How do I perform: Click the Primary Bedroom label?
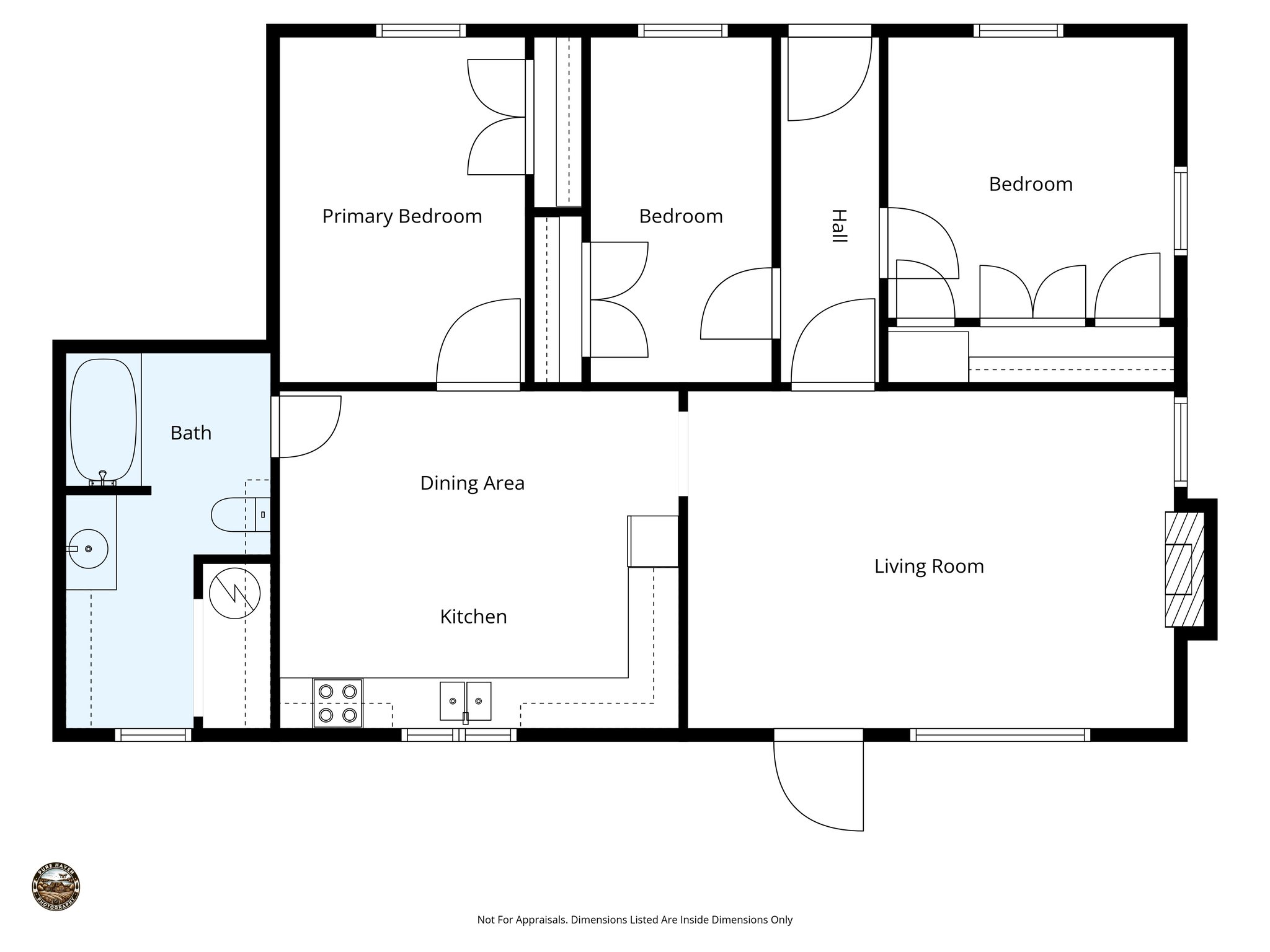coord(402,216)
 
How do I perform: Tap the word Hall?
coord(838,226)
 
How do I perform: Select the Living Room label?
coord(928,566)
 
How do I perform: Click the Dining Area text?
coord(472,483)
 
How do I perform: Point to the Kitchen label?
coord(473,617)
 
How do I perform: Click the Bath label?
coord(191,433)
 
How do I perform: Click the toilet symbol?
coord(236,514)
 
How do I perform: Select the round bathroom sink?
coord(87,549)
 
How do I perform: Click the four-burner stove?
coord(338,703)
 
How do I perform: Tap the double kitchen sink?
coord(465,701)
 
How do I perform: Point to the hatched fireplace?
coord(1183,569)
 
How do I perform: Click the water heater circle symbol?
coord(234,593)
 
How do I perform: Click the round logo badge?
coord(56,886)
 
